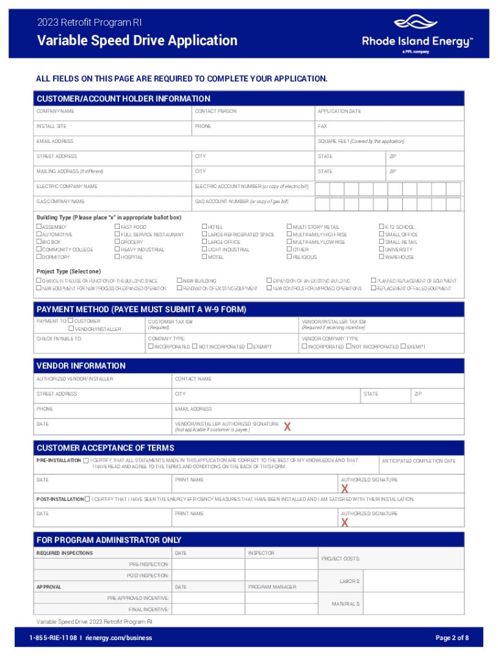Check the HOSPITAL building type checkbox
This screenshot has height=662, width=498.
click(117, 257)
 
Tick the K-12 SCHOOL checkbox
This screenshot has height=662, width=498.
click(381, 227)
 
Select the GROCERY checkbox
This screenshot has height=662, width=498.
click(117, 242)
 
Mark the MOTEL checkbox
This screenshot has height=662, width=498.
click(204, 257)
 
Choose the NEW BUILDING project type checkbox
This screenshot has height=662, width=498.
click(180, 281)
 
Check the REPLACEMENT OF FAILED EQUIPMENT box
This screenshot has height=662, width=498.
click(373, 288)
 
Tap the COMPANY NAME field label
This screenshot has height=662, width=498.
click(55, 111)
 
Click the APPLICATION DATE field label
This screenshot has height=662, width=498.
click(339, 111)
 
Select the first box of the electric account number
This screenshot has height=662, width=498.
click(322, 189)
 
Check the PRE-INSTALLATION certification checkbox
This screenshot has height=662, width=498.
click(86, 461)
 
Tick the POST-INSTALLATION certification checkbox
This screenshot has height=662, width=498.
click(87, 499)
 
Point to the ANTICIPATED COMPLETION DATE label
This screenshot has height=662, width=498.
click(418, 461)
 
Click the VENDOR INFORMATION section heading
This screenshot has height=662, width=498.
click(81, 365)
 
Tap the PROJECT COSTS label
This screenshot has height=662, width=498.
click(341, 559)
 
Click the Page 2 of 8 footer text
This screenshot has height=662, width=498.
click(452, 638)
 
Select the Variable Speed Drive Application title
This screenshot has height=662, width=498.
click(137, 41)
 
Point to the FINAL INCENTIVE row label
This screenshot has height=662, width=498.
click(149, 609)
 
